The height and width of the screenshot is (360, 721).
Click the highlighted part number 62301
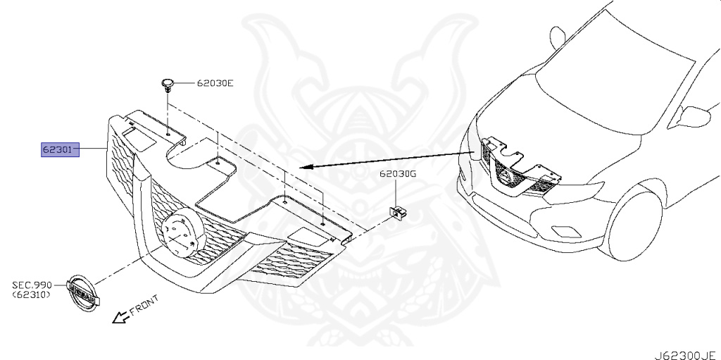point(61,150)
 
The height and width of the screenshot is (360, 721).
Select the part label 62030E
point(215,84)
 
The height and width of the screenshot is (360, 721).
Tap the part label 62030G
point(399,173)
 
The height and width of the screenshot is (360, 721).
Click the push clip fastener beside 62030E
point(167,85)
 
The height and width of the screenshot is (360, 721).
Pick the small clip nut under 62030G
point(398,210)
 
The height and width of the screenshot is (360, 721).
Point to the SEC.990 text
point(31,285)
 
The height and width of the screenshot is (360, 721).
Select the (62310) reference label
point(31,295)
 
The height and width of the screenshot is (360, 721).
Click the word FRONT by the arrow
point(144,304)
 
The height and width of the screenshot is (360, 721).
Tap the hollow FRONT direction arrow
point(121,317)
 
